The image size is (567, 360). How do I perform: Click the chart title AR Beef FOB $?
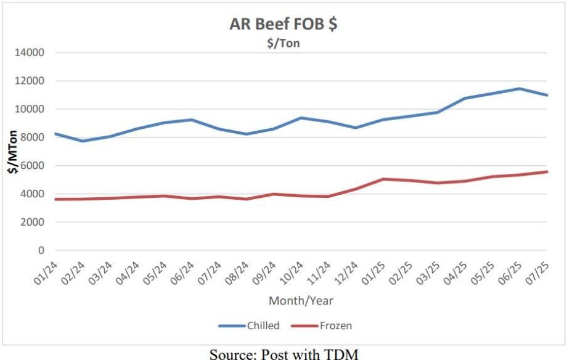[283, 24]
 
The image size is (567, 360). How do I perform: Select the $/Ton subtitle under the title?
[283, 44]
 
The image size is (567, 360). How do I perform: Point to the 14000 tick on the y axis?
[30, 52]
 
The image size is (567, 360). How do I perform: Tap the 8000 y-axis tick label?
[32, 137]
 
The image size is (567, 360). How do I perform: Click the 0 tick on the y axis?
[41, 251]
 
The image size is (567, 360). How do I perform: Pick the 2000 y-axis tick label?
[32, 223]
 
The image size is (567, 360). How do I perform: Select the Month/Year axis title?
[301, 301]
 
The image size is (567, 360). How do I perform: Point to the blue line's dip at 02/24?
[83, 141]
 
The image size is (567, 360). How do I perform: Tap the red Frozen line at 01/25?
[383, 179]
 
